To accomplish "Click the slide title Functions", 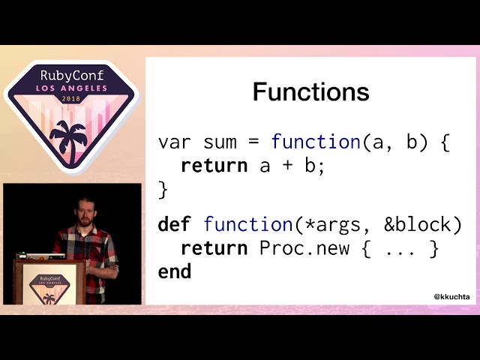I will pyautogui.click(x=310, y=92).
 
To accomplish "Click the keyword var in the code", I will pyautogui.click(x=175, y=142).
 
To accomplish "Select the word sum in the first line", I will pyautogui.click(x=220, y=142).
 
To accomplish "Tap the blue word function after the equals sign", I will pyautogui.click(x=316, y=142).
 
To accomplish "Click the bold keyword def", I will pyautogui.click(x=175, y=224).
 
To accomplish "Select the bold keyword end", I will pyautogui.click(x=175, y=271).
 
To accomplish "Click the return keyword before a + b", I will pyautogui.click(x=214, y=166).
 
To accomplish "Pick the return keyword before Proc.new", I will pyautogui.click(x=214, y=248).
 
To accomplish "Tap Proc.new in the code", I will pyautogui.click(x=304, y=248).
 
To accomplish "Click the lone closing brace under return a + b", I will pyautogui.click(x=163, y=190).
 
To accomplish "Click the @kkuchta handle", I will pyautogui.click(x=452, y=297).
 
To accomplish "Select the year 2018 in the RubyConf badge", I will pyautogui.click(x=71, y=99).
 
